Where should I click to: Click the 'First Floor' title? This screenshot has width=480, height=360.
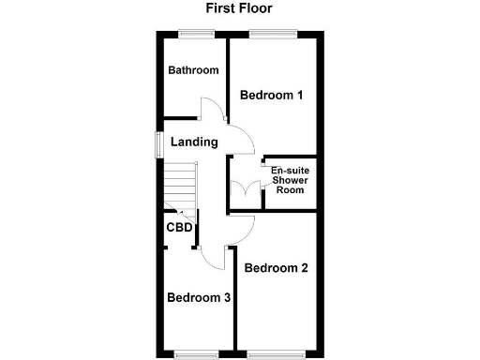pyautogui.click(x=239, y=9)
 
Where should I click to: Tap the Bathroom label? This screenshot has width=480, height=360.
pyautogui.click(x=193, y=70)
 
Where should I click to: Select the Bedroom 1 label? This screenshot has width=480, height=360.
pyautogui.click(x=272, y=95)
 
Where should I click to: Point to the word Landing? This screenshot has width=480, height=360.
pyautogui.click(x=194, y=142)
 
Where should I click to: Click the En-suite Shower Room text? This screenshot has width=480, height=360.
pyautogui.click(x=290, y=180)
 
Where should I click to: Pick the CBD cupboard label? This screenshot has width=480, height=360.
pyautogui.click(x=179, y=228)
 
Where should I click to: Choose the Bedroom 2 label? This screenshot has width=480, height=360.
pyautogui.click(x=277, y=268)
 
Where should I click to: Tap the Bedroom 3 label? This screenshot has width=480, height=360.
pyautogui.click(x=199, y=298)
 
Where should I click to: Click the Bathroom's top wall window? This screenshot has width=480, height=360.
pyautogui.click(x=196, y=35)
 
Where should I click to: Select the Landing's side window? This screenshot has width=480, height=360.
pyautogui.click(x=158, y=142)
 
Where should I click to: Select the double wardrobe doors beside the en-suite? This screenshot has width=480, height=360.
pyautogui.click(x=247, y=190)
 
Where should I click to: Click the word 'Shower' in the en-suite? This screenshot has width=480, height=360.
pyautogui.click(x=290, y=180)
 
